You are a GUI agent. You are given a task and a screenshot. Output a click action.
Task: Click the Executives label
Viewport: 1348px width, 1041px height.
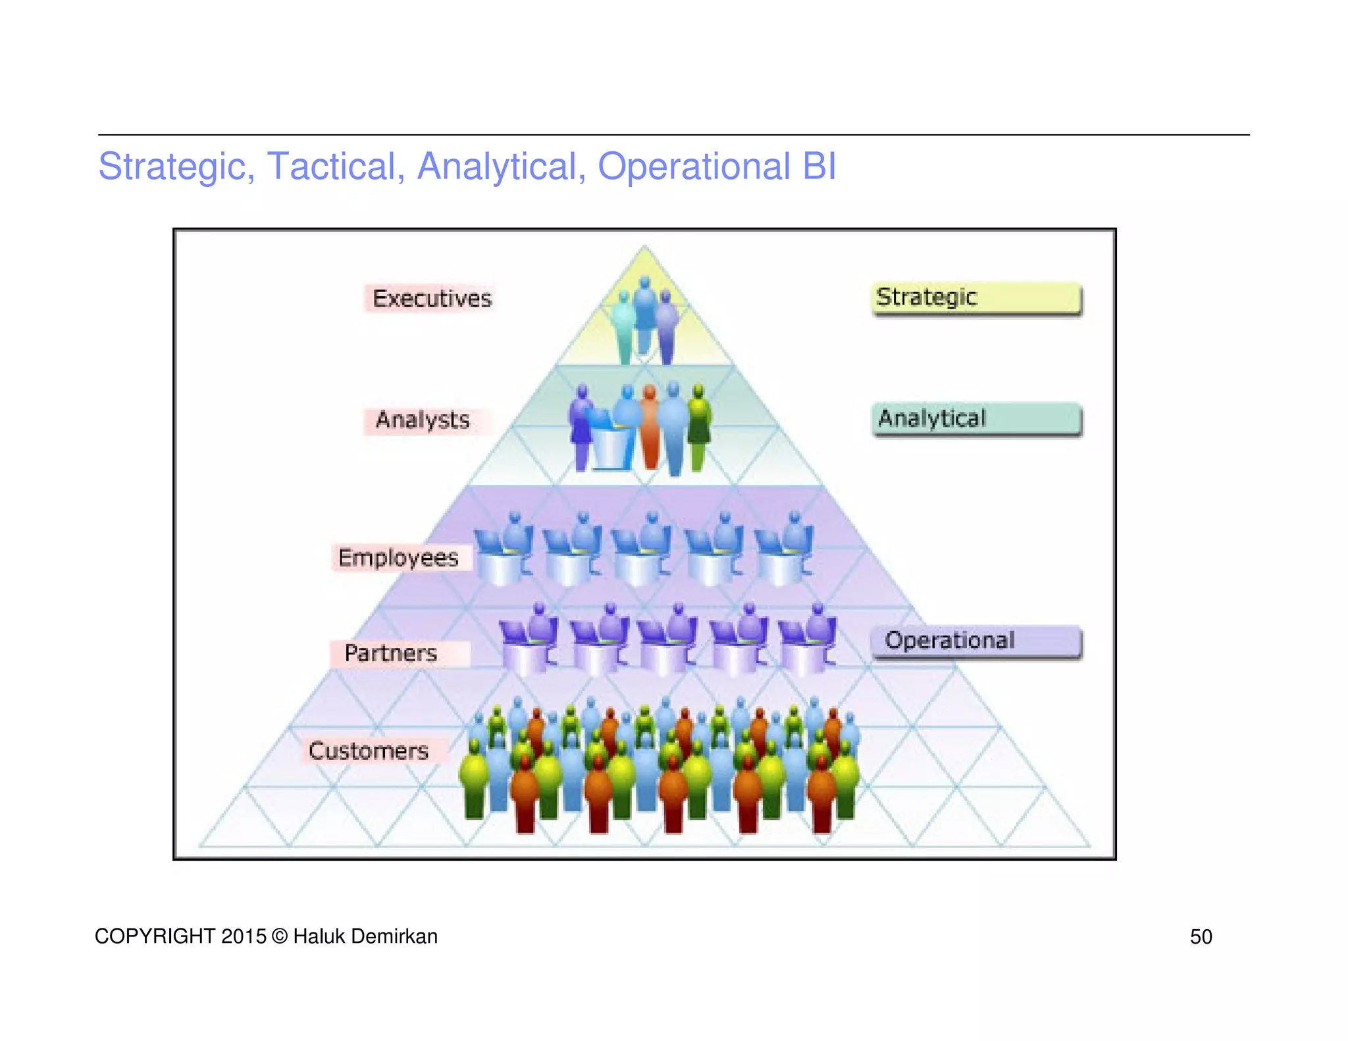[431, 299]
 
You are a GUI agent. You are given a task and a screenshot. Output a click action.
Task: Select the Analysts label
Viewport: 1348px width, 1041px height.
[423, 420]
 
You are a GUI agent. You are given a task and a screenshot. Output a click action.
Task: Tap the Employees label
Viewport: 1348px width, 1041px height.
[398, 558]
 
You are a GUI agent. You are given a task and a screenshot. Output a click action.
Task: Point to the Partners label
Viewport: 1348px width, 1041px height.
[391, 653]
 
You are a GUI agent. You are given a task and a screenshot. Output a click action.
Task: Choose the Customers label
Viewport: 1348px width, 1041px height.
[369, 751]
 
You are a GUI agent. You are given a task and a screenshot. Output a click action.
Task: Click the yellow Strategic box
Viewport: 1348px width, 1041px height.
[976, 298]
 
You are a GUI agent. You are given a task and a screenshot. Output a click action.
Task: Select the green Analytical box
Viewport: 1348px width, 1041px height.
[976, 419]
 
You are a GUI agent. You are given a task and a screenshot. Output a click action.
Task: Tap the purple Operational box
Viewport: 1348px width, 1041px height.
[976, 642]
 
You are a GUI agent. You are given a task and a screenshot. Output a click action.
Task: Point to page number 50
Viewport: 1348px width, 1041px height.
[1201, 936]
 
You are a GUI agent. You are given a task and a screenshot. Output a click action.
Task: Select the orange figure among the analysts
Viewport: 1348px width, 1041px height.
[650, 428]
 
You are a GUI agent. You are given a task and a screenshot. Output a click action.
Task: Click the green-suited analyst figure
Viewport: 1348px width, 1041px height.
[698, 428]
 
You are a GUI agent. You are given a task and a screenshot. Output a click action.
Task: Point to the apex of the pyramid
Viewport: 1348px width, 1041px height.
[644, 247]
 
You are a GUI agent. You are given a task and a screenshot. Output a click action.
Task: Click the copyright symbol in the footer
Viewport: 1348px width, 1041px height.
[279, 936]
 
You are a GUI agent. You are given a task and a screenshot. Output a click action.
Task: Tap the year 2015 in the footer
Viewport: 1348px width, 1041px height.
[244, 936]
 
